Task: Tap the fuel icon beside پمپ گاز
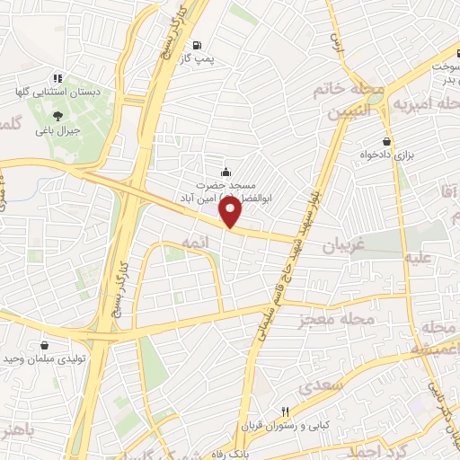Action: [197, 46]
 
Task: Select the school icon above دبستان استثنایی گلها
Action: [58, 78]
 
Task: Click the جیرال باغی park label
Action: [57, 131]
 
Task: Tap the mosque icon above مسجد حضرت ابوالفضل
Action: [225, 172]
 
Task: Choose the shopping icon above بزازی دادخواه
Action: [386, 141]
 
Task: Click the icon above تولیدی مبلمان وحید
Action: [45, 344]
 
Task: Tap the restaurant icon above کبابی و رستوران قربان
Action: [284, 409]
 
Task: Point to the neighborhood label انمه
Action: [194, 243]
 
